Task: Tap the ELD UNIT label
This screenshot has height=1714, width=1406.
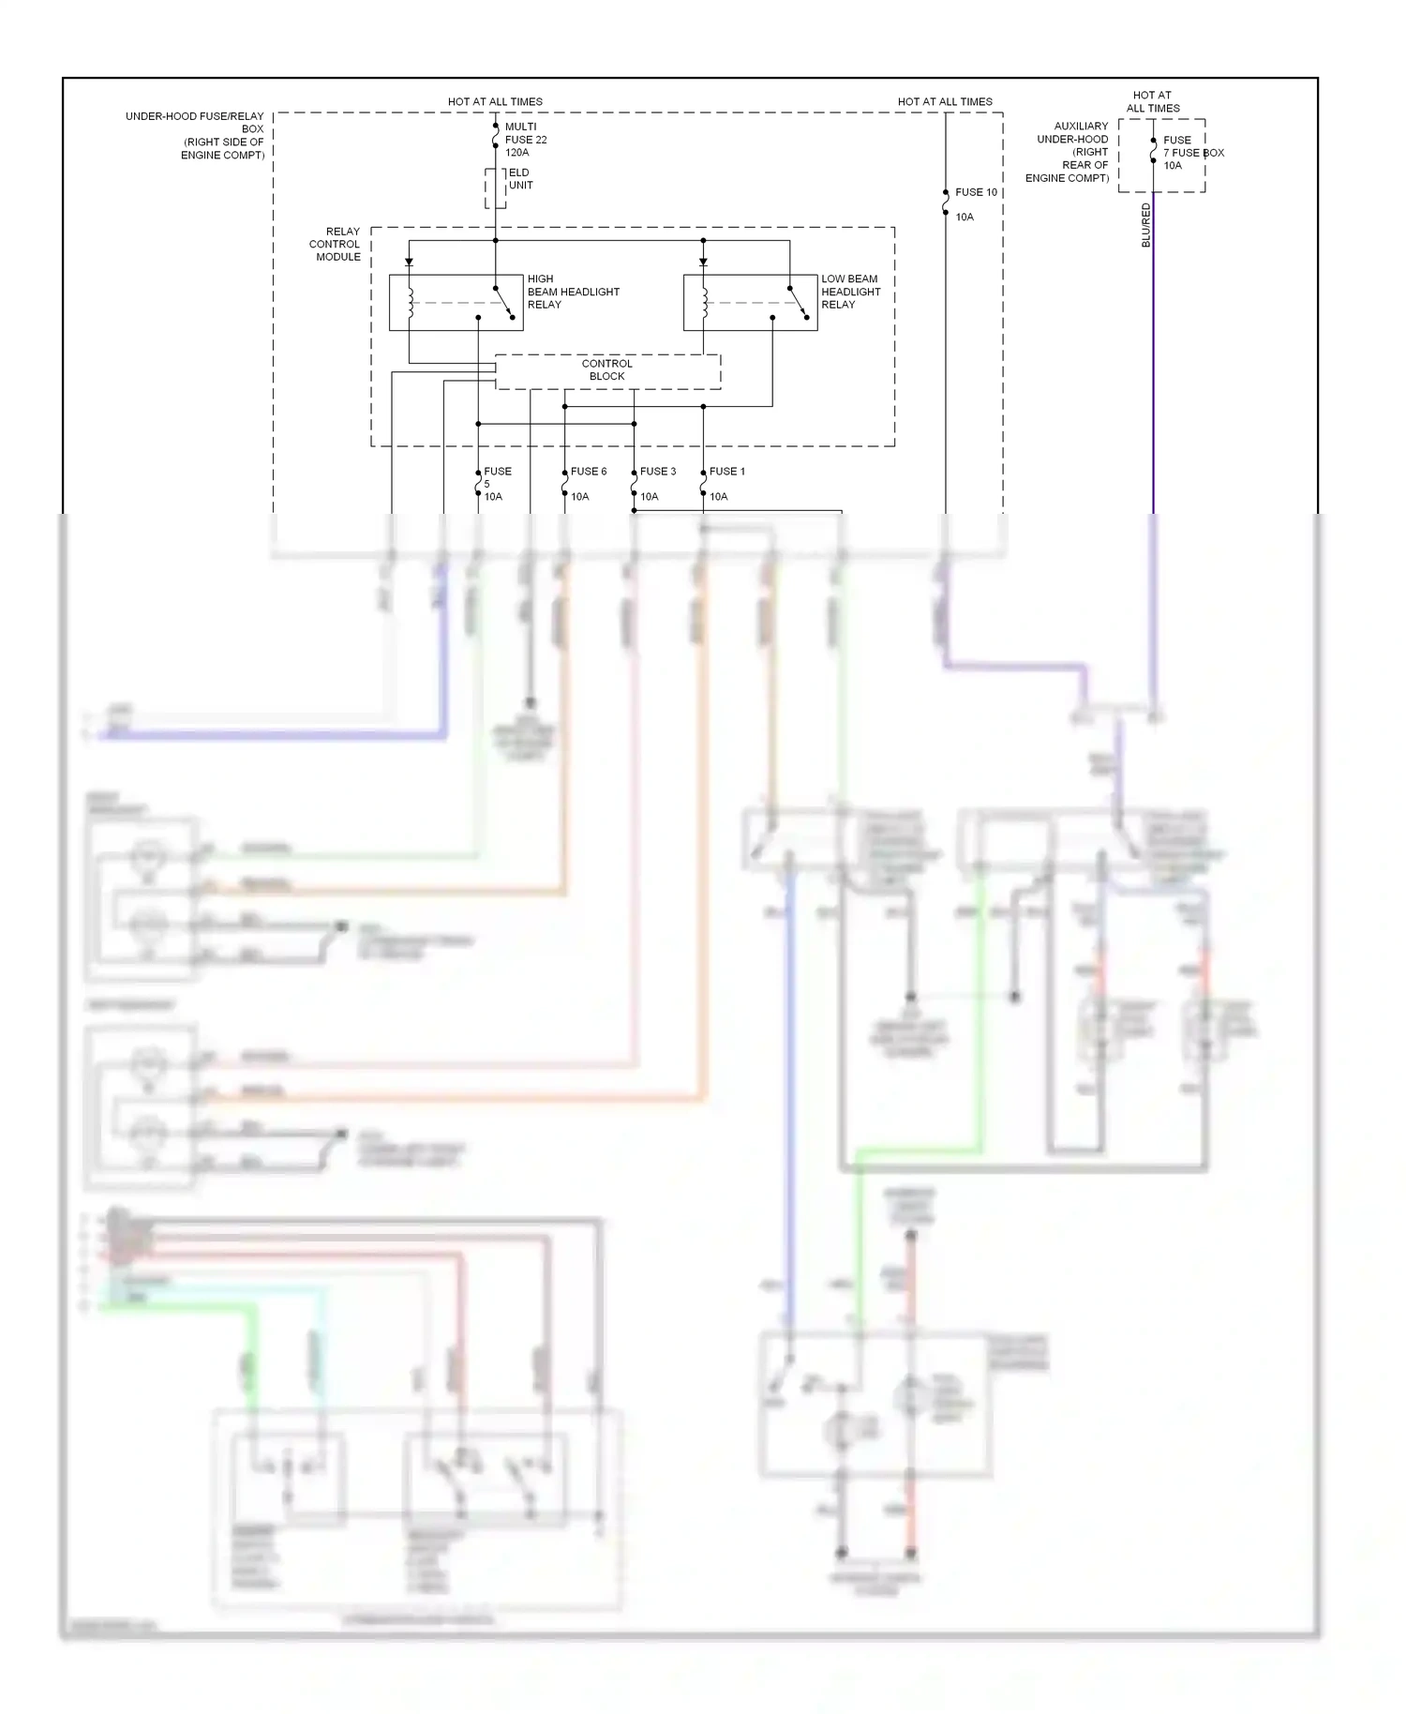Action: pos(519,179)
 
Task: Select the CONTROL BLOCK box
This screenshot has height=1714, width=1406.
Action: pos(607,370)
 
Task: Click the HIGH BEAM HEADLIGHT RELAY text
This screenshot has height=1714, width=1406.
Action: pos(573,292)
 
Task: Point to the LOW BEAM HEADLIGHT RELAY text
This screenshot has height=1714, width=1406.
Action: pos(850,292)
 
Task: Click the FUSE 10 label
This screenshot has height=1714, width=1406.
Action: pos(976,192)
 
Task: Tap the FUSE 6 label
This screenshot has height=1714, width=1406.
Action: pos(589,472)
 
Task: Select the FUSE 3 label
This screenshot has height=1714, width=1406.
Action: pos(658,472)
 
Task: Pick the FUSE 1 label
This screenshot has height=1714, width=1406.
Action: pos(727,472)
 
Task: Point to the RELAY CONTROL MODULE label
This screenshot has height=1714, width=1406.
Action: pos(336,244)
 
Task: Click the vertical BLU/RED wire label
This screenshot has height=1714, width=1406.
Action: pos(1145,225)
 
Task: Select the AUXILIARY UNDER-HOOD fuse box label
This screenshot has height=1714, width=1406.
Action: pos(1069,152)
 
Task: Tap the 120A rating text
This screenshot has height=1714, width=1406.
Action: pos(517,153)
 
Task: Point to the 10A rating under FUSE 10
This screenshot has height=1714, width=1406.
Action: pos(965,218)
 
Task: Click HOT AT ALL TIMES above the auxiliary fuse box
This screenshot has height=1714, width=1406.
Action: pos(1152,101)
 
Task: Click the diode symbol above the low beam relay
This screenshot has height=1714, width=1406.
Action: pos(703,263)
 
